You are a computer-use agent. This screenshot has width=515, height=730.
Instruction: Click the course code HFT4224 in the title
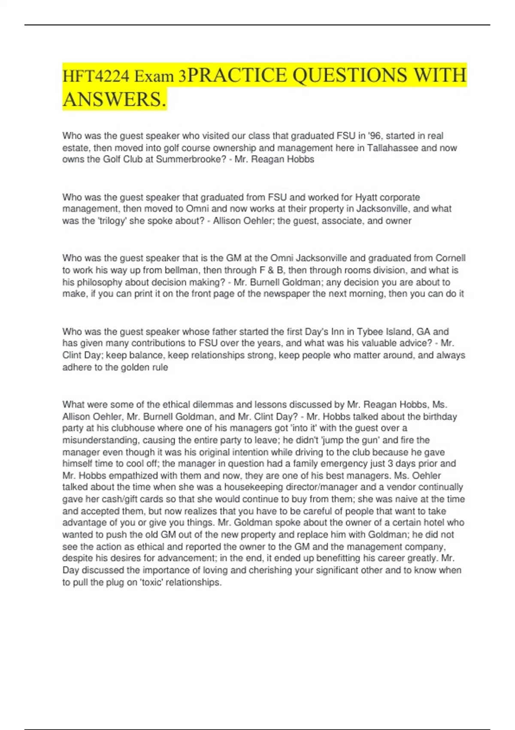[x=96, y=76]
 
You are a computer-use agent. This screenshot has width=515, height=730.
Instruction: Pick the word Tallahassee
[x=393, y=148]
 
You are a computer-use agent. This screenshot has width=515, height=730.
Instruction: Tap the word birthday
[x=440, y=417]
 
